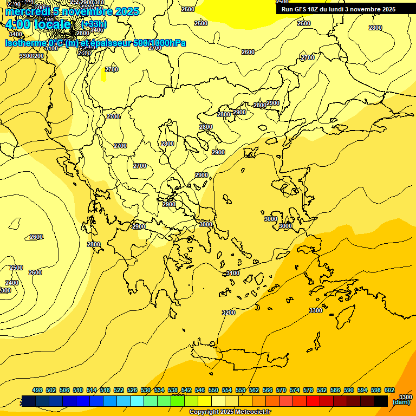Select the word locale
coord(57,24)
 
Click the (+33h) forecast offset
coord(94,24)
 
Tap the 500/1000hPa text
coord(159,43)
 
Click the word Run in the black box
coord(288,9)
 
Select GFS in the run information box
coord(302,9)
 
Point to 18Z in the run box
coord(315,9)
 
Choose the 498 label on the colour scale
coord(37,391)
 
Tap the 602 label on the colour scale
coord(389,391)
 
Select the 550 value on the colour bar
coord(213,391)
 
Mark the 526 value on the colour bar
coord(132,391)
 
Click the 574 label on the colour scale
coord(295,391)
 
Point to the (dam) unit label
coord(401,402)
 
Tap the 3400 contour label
coord(16,34)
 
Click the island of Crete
coord(238,358)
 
